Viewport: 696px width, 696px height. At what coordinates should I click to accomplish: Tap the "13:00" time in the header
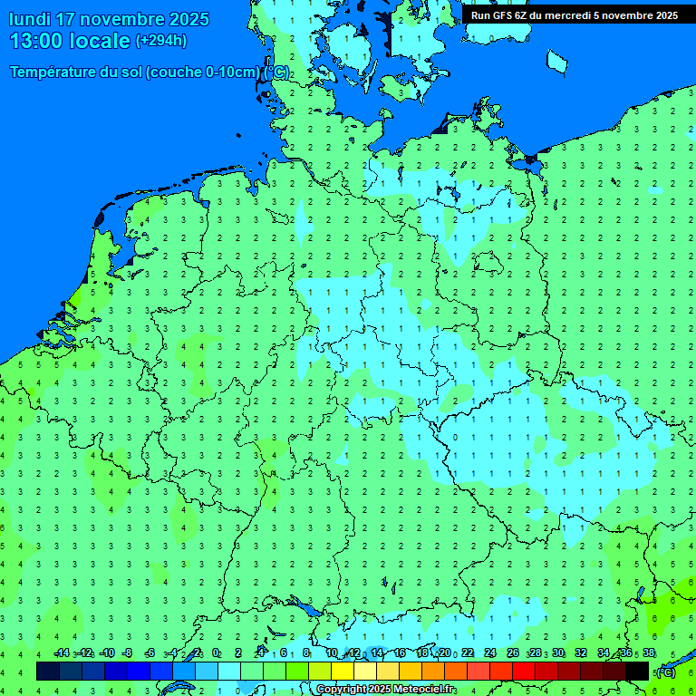coord(35,40)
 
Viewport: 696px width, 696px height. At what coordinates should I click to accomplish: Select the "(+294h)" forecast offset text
coord(160,40)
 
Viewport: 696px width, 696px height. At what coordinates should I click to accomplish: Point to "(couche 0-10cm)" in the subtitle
coord(204,72)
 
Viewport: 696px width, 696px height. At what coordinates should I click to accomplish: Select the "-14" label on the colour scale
coord(62,652)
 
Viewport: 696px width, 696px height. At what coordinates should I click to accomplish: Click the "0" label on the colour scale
coord(217,652)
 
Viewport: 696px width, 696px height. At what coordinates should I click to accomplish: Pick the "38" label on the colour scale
coord(649,652)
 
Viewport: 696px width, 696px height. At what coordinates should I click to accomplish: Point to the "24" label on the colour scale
coord(490,652)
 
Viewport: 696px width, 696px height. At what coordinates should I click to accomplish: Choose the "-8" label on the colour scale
coord(127,652)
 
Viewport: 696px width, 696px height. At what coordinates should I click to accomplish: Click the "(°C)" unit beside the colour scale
coord(665,672)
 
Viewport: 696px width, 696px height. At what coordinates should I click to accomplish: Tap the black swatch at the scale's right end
coord(637,671)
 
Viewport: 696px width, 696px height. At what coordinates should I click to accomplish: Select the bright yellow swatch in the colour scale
coord(343,671)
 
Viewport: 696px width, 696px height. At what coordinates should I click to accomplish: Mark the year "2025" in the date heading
coord(188,19)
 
